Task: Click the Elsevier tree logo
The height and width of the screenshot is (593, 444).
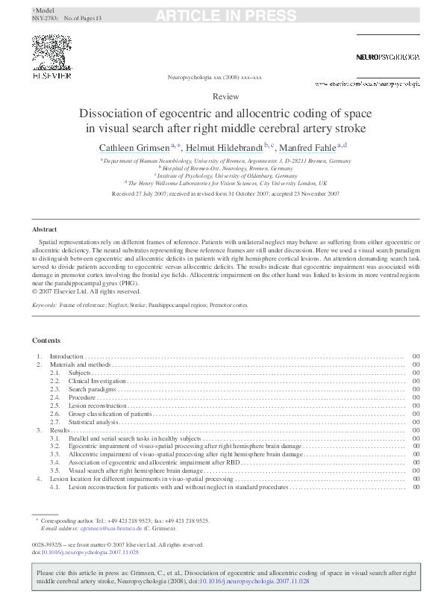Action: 51,53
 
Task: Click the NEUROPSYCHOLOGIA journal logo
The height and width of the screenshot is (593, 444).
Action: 387,57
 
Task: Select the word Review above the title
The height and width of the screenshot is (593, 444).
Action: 225,97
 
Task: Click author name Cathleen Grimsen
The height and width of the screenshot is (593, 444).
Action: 134,147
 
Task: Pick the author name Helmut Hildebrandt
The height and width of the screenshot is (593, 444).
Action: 224,147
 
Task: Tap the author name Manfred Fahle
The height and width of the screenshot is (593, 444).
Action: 307,147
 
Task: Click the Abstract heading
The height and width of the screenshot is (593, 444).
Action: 44,229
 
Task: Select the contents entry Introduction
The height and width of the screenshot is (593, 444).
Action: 66,356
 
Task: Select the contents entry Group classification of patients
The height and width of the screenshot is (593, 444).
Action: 110,414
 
